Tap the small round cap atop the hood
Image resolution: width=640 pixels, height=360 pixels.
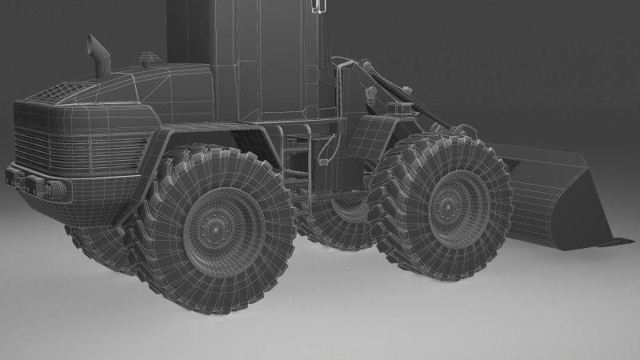(147, 58)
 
